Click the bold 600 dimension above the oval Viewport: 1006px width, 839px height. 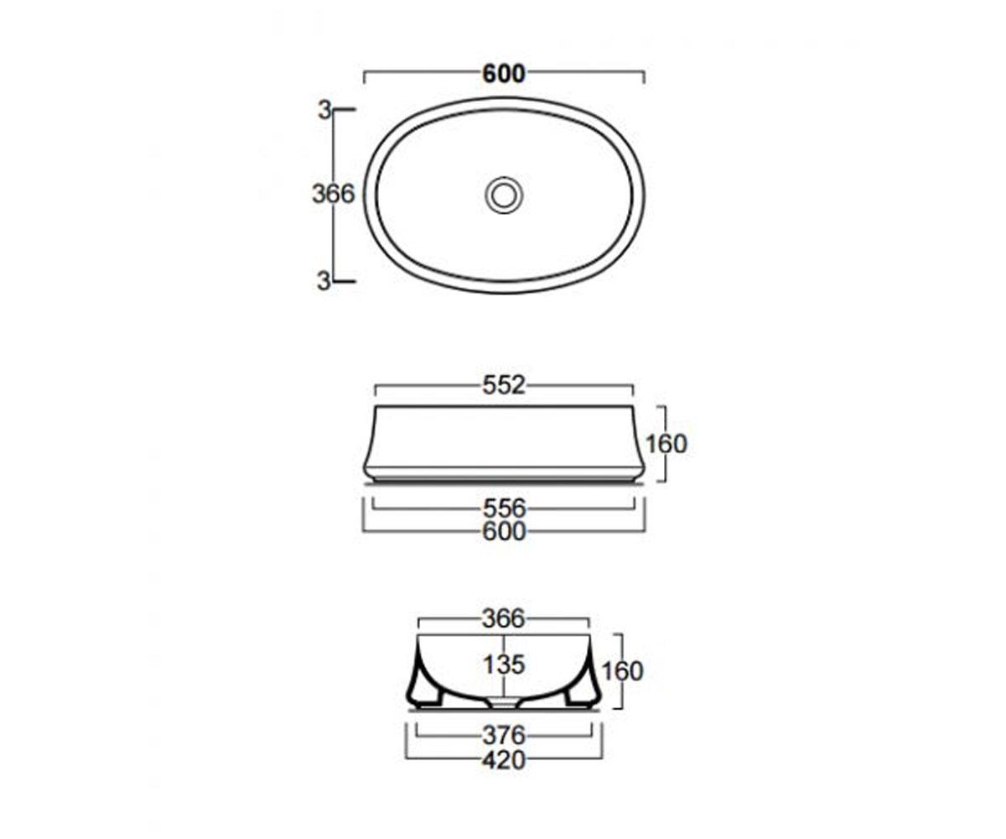click(504, 74)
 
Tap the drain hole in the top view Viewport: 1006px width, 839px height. click(504, 195)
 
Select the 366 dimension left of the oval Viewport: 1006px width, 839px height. click(334, 194)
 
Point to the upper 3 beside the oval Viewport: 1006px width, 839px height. click(324, 111)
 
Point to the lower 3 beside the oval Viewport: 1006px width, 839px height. click(324, 281)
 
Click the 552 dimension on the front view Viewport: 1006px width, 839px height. click(504, 385)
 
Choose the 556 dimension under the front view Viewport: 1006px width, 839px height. click(504, 508)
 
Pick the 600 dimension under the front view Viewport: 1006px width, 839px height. click(504, 531)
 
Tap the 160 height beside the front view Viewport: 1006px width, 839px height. click(666, 444)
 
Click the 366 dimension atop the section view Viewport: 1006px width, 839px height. click(503, 618)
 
